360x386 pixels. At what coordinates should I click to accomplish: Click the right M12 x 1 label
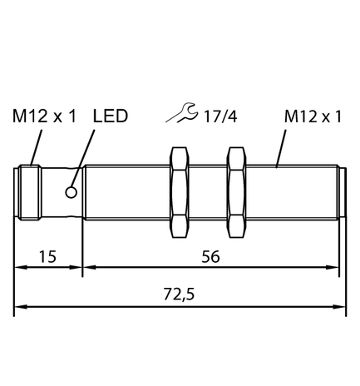[x=313, y=116]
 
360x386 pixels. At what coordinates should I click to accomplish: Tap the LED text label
[x=111, y=116]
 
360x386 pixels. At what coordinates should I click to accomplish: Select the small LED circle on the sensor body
[x=72, y=193]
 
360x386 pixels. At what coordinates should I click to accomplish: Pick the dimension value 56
[x=212, y=257]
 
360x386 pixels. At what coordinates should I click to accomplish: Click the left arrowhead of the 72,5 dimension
[x=21, y=308]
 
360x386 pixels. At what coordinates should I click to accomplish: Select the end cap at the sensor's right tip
[x=342, y=193]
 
